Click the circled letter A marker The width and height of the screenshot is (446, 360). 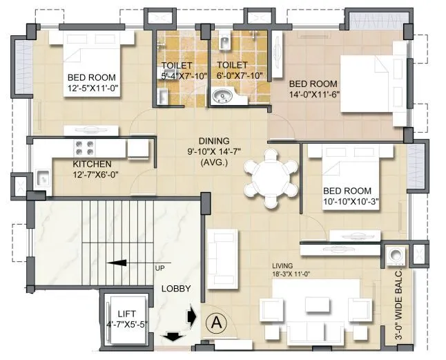(x=217, y=321)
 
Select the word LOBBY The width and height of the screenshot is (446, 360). (x=177, y=288)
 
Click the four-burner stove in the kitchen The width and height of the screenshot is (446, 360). (x=84, y=147)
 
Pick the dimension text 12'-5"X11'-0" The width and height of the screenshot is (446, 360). (x=92, y=89)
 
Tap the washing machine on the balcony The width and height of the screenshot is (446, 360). (x=396, y=257)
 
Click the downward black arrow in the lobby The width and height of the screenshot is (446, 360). (x=170, y=337)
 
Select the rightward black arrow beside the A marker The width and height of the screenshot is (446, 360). (x=191, y=316)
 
